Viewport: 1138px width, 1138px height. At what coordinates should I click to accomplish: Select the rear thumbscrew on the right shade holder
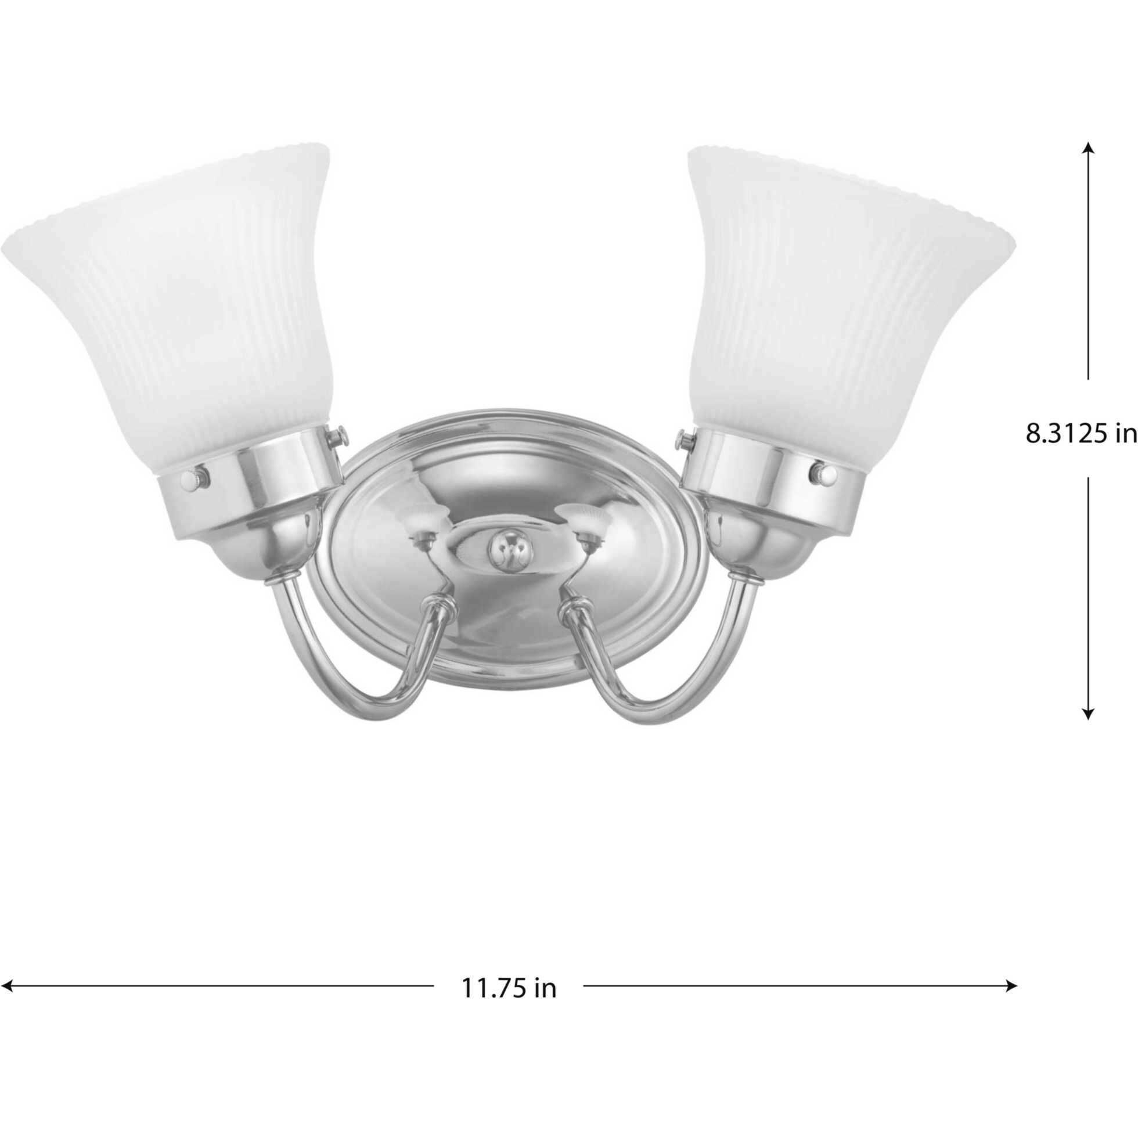pyautogui.click(x=685, y=438)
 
